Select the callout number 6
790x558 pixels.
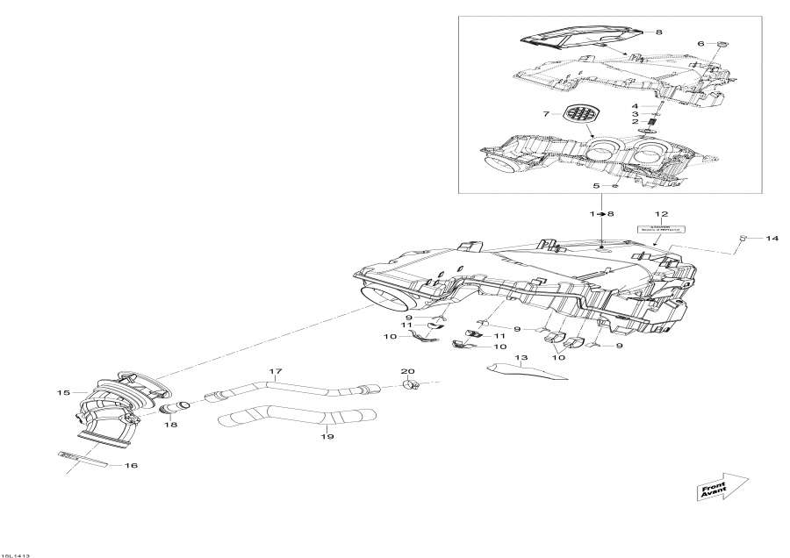pos(700,43)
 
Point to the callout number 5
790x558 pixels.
pos(597,186)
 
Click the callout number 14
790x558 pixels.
pos(772,238)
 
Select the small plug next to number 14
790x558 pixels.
pos(743,238)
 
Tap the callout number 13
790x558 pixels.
pos(520,358)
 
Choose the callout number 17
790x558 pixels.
pos(275,372)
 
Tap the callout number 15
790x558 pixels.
pos(63,393)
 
